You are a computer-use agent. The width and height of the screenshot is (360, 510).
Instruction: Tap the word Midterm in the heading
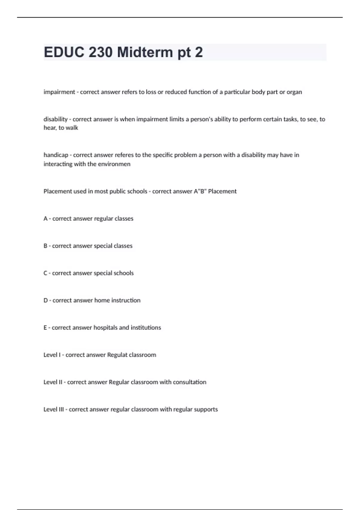tap(145, 52)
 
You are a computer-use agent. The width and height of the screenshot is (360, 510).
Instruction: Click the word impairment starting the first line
tap(59, 92)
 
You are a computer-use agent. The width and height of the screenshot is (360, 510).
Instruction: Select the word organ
tap(294, 92)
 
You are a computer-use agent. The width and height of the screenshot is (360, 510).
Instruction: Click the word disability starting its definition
tap(55, 119)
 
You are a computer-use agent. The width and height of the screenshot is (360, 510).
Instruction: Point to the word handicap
tap(56, 155)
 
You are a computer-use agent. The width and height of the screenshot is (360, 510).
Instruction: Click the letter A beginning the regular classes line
tap(45, 219)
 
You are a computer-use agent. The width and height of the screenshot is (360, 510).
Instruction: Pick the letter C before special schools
tap(45, 273)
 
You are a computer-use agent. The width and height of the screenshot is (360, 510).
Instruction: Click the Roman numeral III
tap(61, 409)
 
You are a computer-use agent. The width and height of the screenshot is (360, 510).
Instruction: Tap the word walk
tap(72, 128)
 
